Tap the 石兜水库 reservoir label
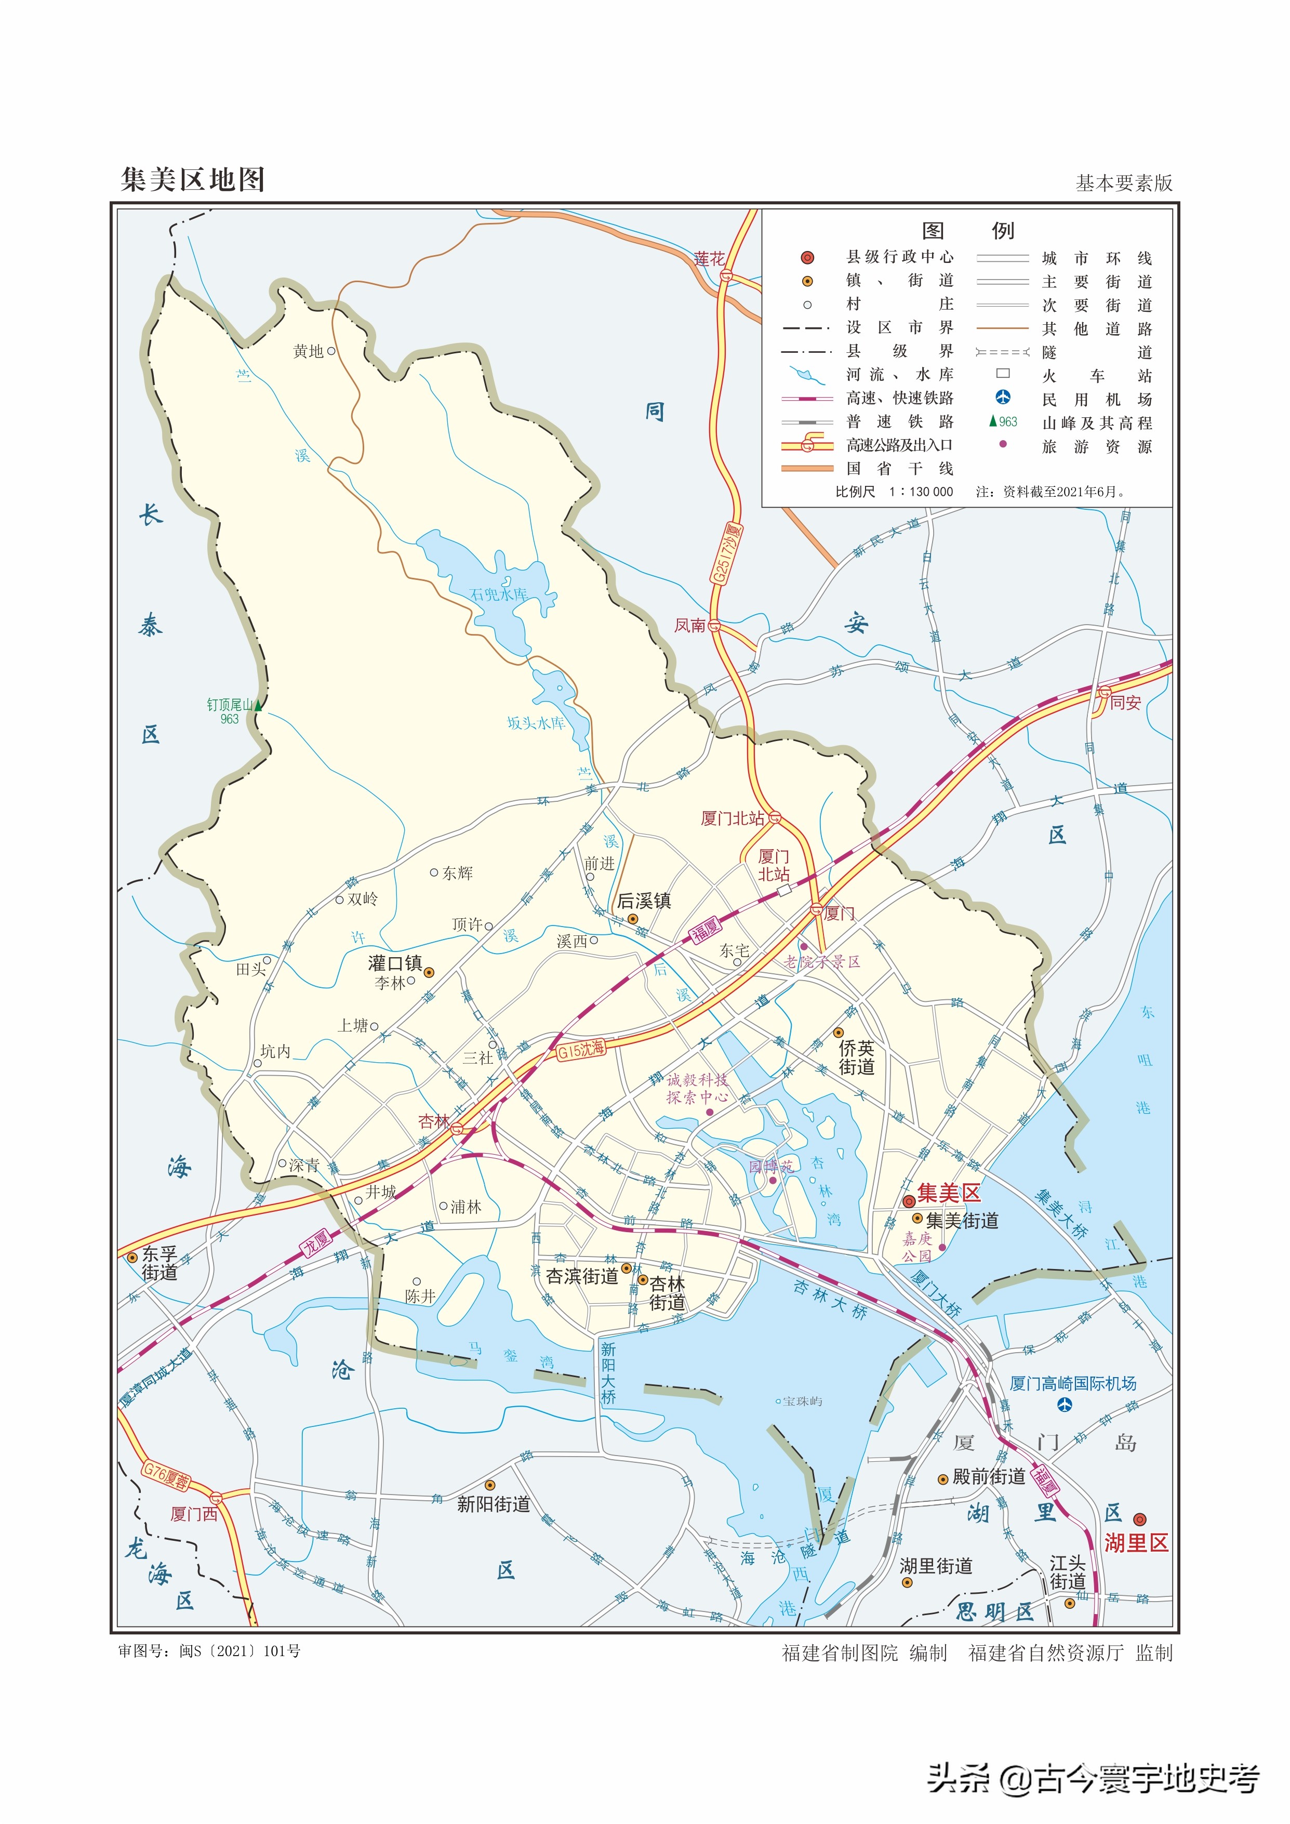498,594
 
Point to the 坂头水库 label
536,723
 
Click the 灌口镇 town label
395,963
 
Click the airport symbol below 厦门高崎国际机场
1065,1405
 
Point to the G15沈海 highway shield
581,1049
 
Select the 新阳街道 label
493,1504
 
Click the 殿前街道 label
989,1476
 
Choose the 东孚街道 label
159,1263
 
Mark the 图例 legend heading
967,230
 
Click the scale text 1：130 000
922,492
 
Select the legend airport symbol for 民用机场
1003,397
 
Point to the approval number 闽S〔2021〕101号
240,1651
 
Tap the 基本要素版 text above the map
1123,183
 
